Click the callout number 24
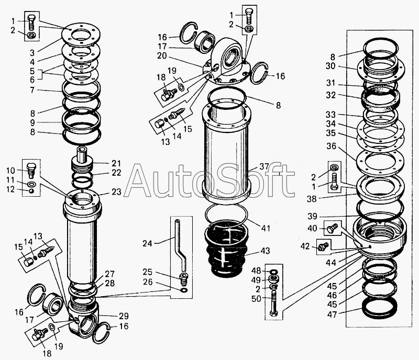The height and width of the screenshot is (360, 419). click(147, 243)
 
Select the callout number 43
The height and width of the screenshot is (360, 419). click(264, 251)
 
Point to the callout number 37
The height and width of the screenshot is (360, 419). click(264, 166)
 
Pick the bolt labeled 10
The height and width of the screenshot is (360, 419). click(31, 171)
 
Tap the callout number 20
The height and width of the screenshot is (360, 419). click(162, 56)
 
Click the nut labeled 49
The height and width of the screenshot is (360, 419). click(273, 279)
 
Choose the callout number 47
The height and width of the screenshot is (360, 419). click(332, 314)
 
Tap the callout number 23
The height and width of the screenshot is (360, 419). click(116, 192)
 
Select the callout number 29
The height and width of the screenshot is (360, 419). click(124, 316)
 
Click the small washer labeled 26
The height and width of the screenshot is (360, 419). click(184, 290)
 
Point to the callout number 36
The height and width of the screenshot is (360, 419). click(332, 147)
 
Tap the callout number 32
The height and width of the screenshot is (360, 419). click(331, 95)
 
